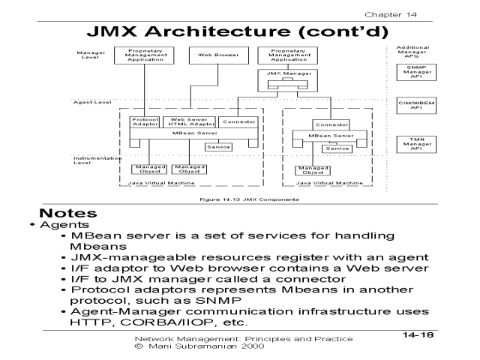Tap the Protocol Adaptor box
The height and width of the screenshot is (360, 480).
pos(142,121)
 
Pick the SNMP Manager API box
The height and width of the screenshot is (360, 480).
pos(409,71)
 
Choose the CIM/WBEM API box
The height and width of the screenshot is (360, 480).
pos(409,105)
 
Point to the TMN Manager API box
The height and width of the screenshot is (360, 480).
pos(409,144)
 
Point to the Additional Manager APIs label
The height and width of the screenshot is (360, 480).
pos(409,51)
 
